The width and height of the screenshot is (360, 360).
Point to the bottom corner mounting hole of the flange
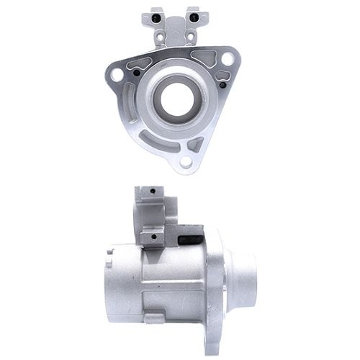point(186,162)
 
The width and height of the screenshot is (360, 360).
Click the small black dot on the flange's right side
point(223,85)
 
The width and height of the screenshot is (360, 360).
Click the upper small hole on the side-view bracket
point(153,192)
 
